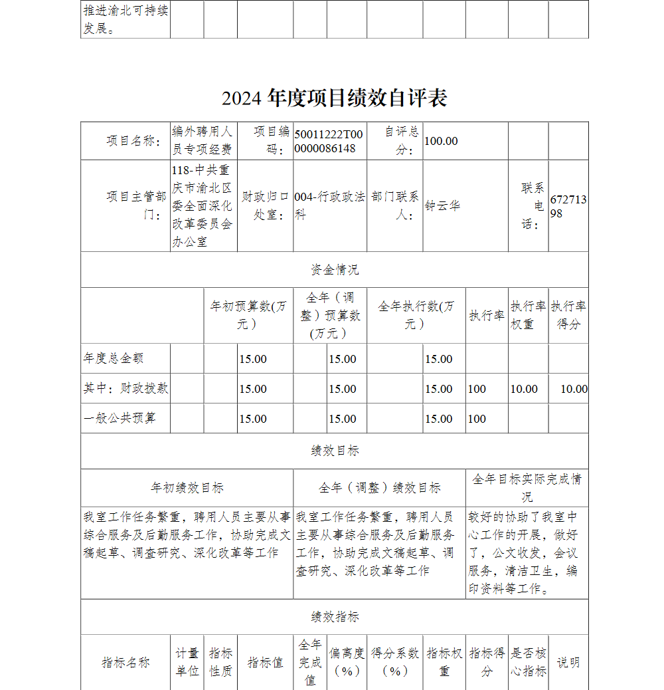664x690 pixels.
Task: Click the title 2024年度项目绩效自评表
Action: tap(335, 98)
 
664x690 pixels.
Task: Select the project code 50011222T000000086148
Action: tap(329, 141)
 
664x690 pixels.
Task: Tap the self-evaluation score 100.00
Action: tap(442, 141)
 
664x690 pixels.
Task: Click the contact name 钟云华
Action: tap(443, 206)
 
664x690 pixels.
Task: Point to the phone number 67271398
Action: tap(568, 206)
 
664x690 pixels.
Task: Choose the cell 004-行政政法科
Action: tap(329, 206)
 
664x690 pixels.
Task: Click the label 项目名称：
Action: tap(133, 141)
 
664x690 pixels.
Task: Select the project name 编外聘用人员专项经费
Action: tap(203, 141)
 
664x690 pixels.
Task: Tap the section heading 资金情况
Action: tap(335, 270)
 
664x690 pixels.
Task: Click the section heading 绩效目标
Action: tap(335, 451)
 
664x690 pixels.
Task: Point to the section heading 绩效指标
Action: tap(335, 617)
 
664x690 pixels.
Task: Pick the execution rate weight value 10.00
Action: tap(524, 389)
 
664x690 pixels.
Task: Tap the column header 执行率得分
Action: tap(568, 315)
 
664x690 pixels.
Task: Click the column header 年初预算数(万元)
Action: tap(250, 315)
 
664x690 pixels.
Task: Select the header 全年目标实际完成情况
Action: tap(527, 487)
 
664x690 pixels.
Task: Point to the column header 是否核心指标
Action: tap(529, 662)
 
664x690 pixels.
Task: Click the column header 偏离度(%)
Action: tap(347, 662)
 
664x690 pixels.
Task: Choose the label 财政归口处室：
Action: tap(266, 206)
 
